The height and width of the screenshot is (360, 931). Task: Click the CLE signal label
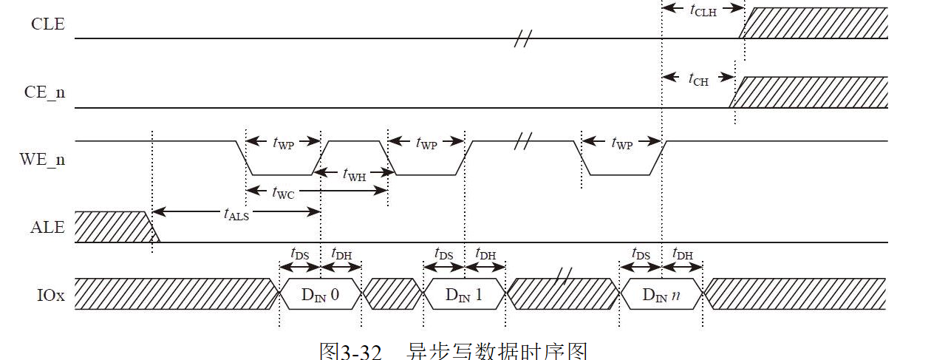point(47,24)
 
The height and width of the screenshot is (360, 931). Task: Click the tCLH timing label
point(703,10)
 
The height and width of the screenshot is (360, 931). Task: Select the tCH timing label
point(698,79)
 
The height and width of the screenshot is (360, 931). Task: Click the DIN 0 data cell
point(320,295)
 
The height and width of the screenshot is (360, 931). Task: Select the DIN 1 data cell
point(463,295)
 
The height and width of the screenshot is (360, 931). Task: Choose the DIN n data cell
point(661,295)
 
